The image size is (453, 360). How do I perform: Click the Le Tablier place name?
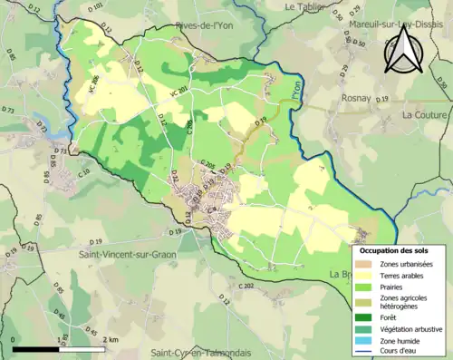(304, 6)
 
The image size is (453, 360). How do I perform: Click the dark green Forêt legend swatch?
(369, 316)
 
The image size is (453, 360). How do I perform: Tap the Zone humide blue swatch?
(369, 340)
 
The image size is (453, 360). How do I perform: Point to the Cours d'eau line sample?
(369, 351)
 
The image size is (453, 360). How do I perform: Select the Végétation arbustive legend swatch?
(369, 328)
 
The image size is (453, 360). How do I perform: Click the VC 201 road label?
(176, 89)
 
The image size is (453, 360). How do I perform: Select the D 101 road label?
(98, 8)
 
